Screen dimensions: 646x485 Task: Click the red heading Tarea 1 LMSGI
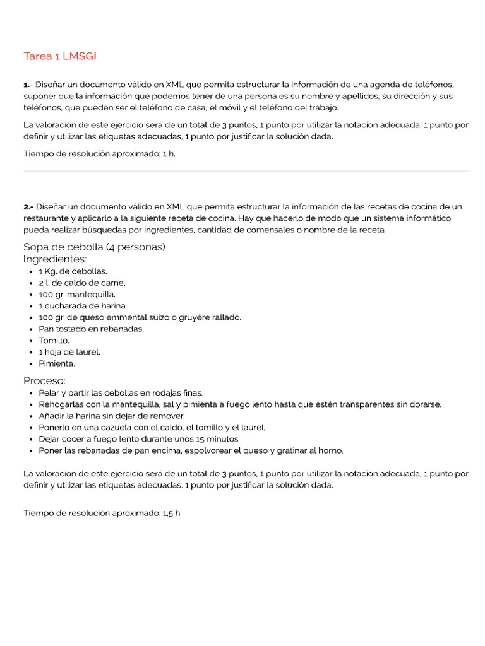click(x=60, y=57)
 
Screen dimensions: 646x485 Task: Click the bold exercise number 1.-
click(x=28, y=85)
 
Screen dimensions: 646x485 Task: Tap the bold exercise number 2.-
click(x=28, y=207)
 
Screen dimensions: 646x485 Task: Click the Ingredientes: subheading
click(x=55, y=259)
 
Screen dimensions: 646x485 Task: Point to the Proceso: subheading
click(x=44, y=380)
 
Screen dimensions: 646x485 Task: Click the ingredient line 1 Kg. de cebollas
click(x=73, y=271)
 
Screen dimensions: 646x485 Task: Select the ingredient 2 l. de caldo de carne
click(x=82, y=283)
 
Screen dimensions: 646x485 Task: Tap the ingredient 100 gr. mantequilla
click(x=77, y=295)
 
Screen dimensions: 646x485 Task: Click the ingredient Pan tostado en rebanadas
click(x=91, y=329)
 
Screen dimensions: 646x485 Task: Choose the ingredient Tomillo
click(x=54, y=341)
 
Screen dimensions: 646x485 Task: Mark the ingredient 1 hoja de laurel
click(x=69, y=352)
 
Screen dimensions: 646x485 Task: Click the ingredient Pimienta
click(x=57, y=364)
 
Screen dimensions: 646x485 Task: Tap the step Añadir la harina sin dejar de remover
click(x=111, y=416)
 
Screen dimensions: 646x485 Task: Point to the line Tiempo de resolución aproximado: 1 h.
click(x=99, y=153)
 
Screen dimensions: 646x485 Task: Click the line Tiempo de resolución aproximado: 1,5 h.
click(x=102, y=514)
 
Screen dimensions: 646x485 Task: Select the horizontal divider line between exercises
click(x=246, y=171)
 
